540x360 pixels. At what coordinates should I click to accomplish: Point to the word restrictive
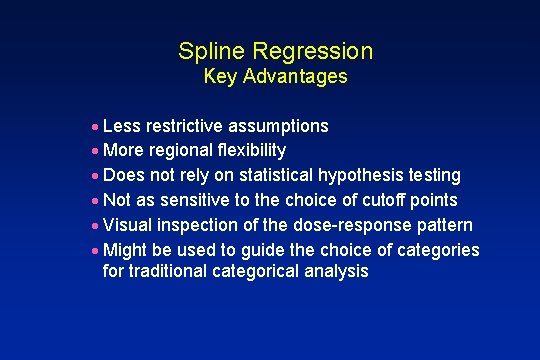click(x=185, y=126)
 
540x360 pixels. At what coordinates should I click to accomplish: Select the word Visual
click(x=127, y=225)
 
